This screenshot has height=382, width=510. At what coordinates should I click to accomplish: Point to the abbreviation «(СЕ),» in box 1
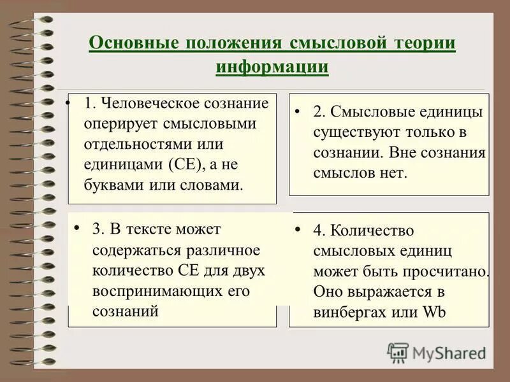pyautogui.click(x=187, y=164)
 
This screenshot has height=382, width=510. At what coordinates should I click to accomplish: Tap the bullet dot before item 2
pyautogui.click(x=298, y=111)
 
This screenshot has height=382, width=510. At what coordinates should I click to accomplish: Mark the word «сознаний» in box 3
pyautogui.click(x=125, y=311)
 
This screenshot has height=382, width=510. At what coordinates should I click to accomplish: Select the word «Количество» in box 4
pyautogui.click(x=373, y=230)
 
